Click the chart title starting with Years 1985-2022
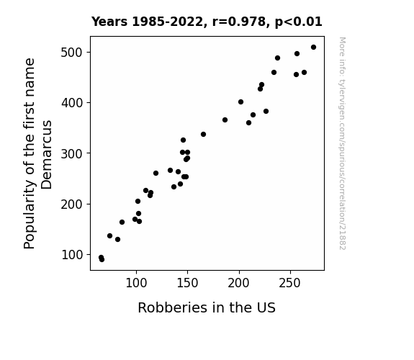point(207,22)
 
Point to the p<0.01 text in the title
point(299,22)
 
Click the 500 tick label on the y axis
point(72,53)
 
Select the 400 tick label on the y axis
point(72,103)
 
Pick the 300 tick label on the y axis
point(72,153)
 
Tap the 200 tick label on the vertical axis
point(72,204)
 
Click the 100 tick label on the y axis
point(72,255)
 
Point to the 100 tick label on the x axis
point(136,283)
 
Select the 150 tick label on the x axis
point(187,283)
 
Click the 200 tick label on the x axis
point(239,283)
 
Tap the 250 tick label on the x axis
point(290,283)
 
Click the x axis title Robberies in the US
point(207,307)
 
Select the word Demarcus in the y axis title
point(47,155)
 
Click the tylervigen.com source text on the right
point(343,143)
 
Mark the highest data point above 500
point(313,48)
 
